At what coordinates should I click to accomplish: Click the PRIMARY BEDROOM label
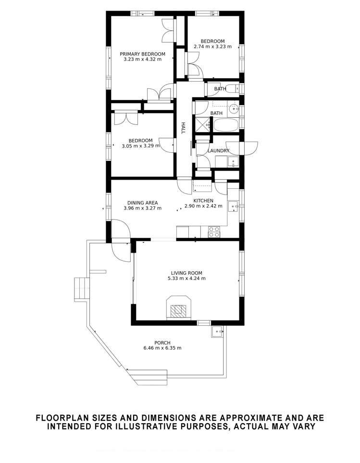(x=142, y=54)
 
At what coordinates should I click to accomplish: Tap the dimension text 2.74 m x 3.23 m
(x=212, y=47)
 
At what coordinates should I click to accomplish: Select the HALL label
(x=183, y=128)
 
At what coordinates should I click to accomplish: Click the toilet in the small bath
(x=233, y=88)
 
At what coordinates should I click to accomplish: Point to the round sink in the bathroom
(x=234, y=108)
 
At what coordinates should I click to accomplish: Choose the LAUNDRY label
(x=218, y=151)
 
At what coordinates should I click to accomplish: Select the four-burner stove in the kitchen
(x=214, y=232)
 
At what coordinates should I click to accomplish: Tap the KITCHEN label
(x=203, y=200)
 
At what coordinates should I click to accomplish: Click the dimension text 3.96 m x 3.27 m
(x=142, y=208)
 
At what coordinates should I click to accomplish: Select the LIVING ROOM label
(x=186, y=273)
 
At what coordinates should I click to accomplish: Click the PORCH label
(x=162, y=342)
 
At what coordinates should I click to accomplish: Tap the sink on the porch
(x=217, y=331)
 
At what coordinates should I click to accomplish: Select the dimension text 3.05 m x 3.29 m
(x=140, y=146)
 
